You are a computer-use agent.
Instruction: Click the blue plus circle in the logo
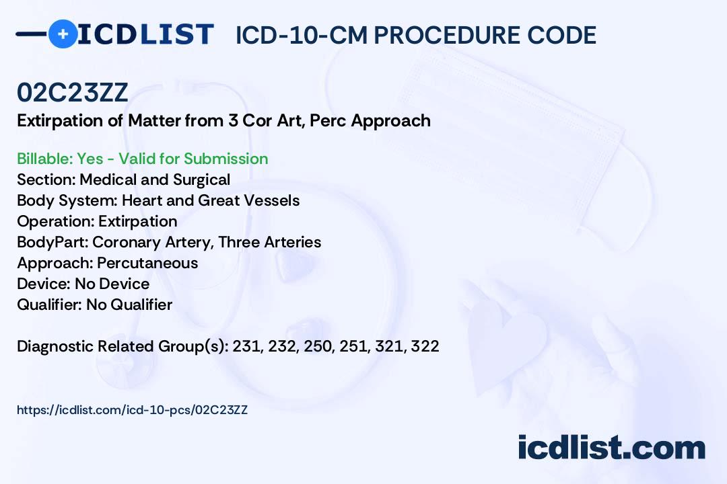63,34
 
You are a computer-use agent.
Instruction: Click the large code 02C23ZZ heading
72,92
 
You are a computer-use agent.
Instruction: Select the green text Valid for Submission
193,159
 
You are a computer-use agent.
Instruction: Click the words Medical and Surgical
155,179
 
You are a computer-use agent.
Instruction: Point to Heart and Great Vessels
211,200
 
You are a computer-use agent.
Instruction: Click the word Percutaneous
147,263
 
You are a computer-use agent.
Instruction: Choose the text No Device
112,284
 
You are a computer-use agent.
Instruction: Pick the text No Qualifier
129,305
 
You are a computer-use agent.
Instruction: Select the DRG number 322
425,346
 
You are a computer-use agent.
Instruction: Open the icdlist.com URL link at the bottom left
132,410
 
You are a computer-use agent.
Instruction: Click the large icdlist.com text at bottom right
611,448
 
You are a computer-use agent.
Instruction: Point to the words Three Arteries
270,242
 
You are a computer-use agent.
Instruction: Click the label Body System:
67,200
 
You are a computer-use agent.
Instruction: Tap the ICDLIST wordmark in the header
145,34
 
